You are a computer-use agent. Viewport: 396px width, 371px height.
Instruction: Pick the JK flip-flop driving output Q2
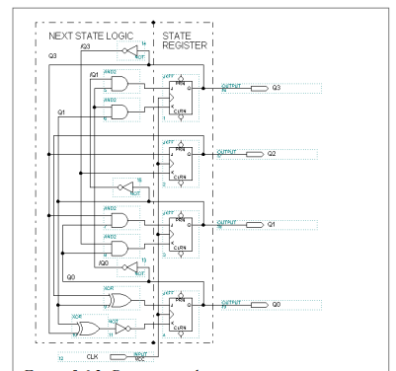pos(180,163)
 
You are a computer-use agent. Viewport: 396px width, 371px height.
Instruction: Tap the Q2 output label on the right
pos(277,155)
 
